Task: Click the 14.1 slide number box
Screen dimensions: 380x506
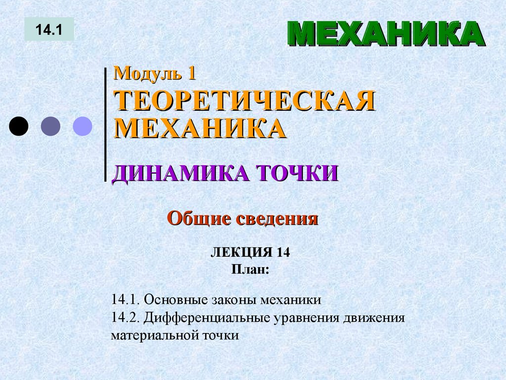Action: [x=49, y=29]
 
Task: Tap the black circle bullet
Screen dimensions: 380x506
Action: [x=18, y=126]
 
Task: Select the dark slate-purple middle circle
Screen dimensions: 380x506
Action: [x=50, y=126]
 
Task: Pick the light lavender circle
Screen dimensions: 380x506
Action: [x=83, y=126]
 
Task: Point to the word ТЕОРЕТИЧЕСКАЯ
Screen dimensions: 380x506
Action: [x=244, y=101]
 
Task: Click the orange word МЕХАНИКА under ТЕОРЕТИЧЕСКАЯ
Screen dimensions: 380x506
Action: [x=200, y=128]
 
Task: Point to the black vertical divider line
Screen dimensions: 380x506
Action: [x=106, y=124]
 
